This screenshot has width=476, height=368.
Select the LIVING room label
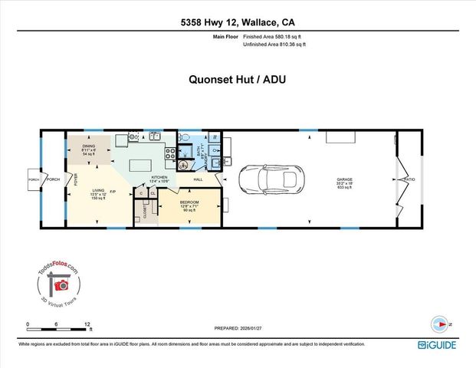click(x=98, y=190)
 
